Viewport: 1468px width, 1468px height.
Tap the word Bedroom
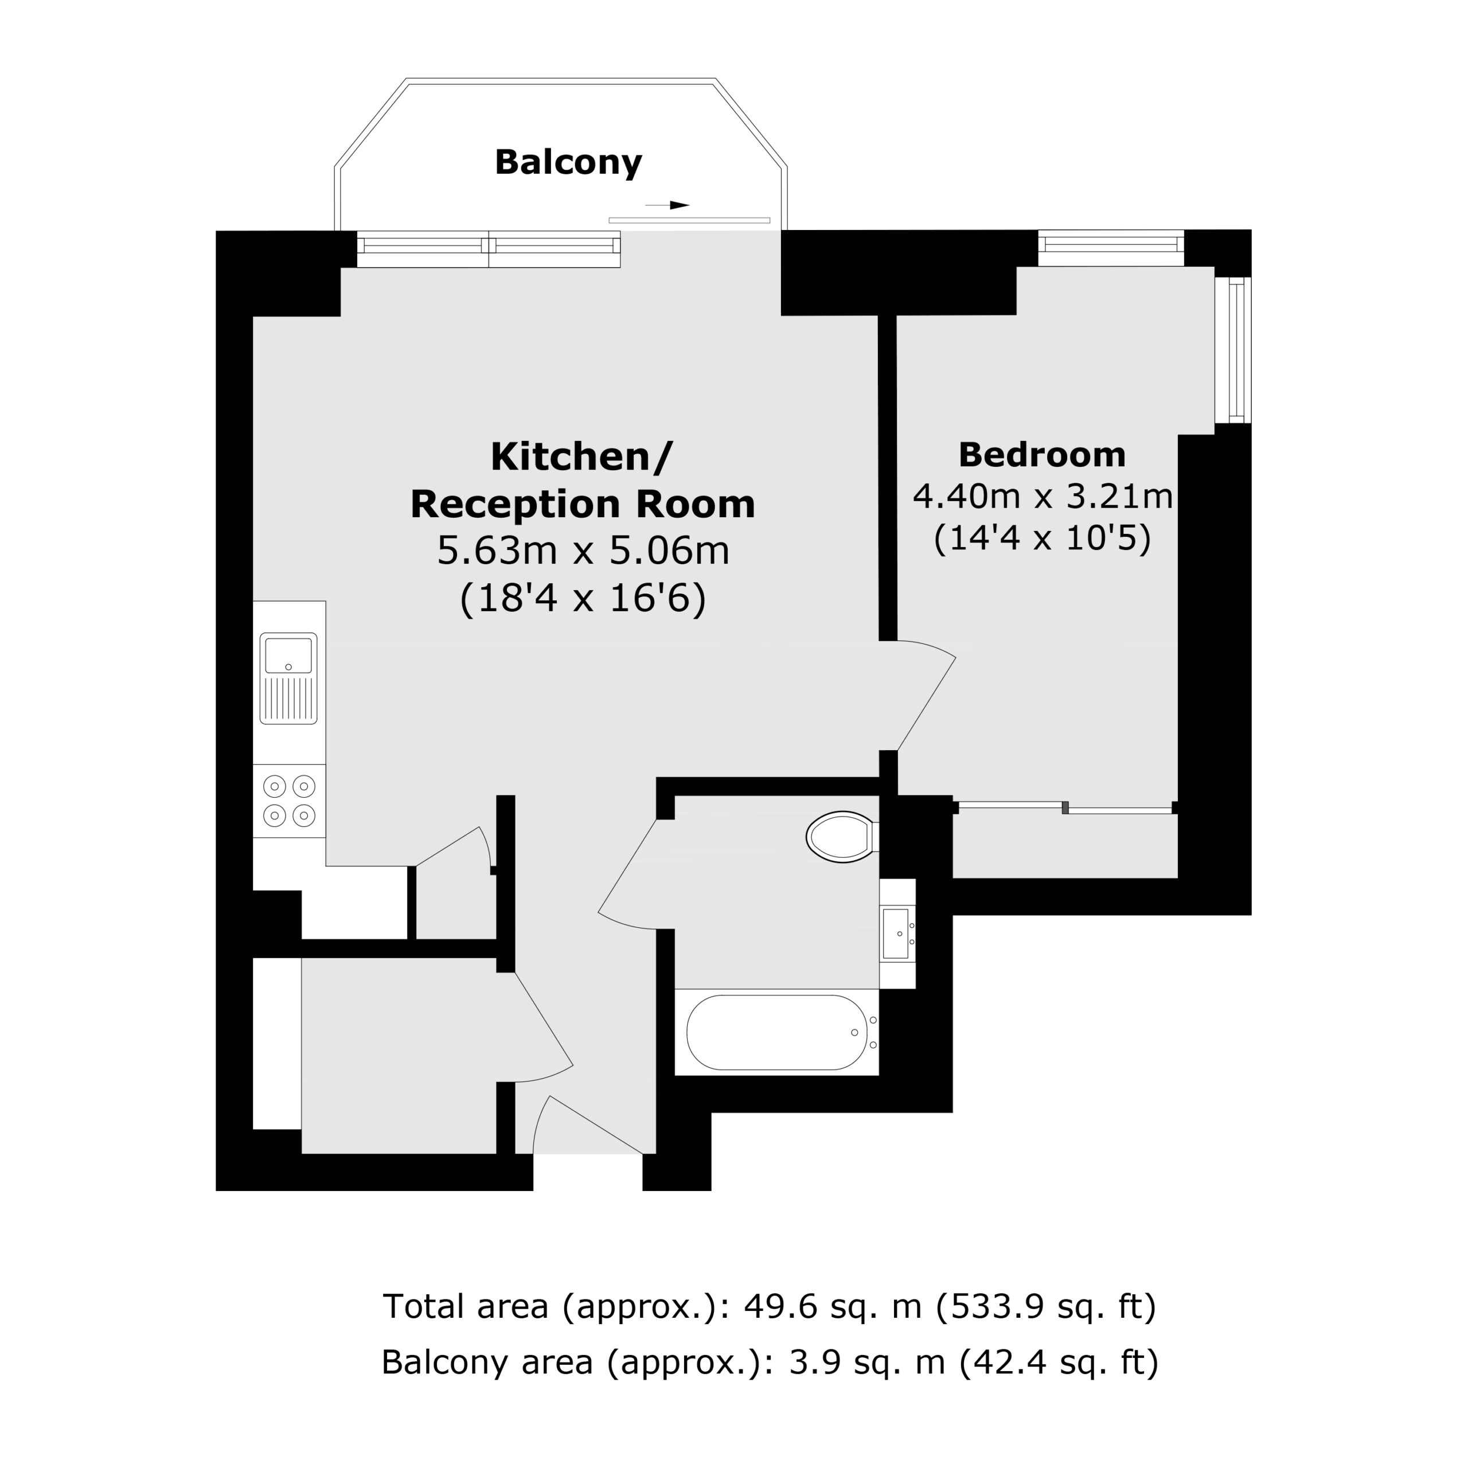click(1042, 455)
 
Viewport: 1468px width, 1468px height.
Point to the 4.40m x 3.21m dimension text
click(1042, 497)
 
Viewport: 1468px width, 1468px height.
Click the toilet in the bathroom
click(842, 837)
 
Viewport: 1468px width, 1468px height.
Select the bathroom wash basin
click(897, 933)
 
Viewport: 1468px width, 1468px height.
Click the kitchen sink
click(289, 678)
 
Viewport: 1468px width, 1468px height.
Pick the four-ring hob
click(289, 801)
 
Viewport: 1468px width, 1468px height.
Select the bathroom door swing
click(627, 874)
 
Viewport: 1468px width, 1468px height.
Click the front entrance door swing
click(589, 1125)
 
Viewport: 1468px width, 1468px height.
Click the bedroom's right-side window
click(1232, 350)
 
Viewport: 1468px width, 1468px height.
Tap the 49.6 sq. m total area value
click(833, 1306)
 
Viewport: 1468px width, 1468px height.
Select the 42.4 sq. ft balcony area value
click(1059, 1361)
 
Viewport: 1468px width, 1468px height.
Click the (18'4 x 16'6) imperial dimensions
click(583, 598)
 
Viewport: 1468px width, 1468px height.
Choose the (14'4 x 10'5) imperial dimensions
click(1042, 538)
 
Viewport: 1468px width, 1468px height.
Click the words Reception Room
click(583, 505)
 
